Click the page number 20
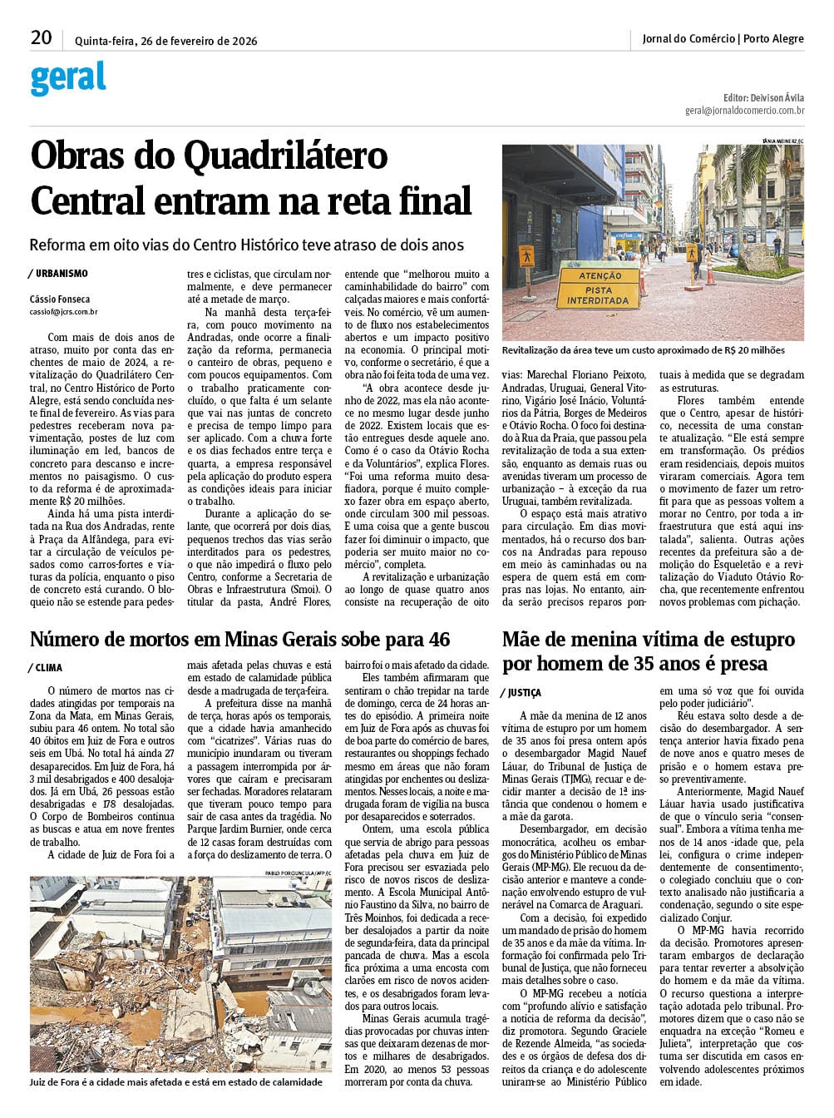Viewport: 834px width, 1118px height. [41, 38]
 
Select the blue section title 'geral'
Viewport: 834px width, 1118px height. [68, 78]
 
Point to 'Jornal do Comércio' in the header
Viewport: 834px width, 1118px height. [688, 39]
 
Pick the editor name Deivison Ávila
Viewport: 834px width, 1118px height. [777, 97]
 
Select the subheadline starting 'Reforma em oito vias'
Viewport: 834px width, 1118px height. [246, 245]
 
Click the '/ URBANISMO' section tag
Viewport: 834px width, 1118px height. [58, 274]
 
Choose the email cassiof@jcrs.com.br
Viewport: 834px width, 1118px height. [63, 312]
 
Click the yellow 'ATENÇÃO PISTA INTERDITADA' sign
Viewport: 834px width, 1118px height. [600, 287]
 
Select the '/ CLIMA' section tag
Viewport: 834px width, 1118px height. [47, 667]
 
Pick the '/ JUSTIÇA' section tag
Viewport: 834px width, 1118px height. [521, 692]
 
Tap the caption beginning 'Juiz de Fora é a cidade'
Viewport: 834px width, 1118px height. [175, 1081]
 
